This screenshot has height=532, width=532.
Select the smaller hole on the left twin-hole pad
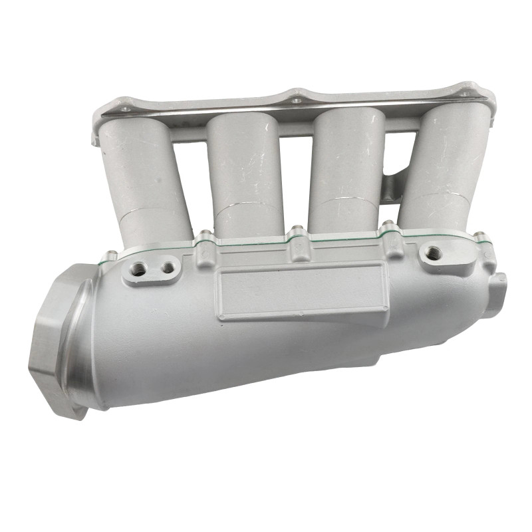pyautogui.click(x=167, y=267)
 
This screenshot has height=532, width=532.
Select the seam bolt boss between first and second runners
pyautogui.click(x=205, y=237)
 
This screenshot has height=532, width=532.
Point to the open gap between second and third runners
pyautogui.click(x=293, y=166)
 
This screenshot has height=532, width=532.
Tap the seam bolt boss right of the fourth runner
pyautogui.click(x=479, y=236)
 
